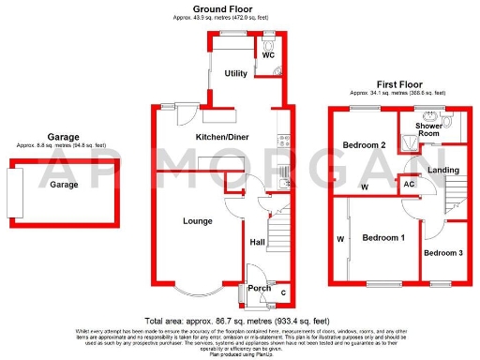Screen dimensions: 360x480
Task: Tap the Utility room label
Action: pos(234,73)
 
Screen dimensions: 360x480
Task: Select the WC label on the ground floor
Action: pos(268,55)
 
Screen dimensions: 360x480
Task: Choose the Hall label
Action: pos(256,243)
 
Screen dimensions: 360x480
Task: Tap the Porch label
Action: pos(259,288)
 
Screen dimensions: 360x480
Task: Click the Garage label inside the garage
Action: pos(65,185)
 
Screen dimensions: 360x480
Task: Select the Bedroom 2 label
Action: pos(365,145)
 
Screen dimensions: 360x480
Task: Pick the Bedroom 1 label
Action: pos(383,238)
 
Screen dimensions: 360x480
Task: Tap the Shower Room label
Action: pos(428,129)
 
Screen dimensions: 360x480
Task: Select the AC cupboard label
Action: pos(409,185)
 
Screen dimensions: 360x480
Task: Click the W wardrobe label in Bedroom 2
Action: pos(363,187)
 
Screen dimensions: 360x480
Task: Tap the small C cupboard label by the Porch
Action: pos(284,292)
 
